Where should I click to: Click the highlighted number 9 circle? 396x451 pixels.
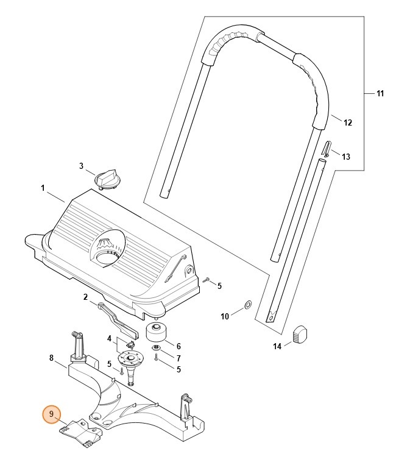coord(52,415)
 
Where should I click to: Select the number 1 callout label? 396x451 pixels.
coord(43,189)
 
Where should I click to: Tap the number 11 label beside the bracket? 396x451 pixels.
coord(380,94)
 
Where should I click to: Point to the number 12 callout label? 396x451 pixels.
coord(348,123)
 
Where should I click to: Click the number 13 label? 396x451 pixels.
coord(345,157)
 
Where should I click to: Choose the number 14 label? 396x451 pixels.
coord(277,347)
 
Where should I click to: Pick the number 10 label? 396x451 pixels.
coord(224,316)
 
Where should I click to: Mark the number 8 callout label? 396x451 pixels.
coord(52,358)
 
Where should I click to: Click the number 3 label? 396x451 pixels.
coord(81,166)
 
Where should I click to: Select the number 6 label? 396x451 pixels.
coord(179,346)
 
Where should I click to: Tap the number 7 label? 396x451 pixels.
coord(179,357)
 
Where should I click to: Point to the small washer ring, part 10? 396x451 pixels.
coord(248,304)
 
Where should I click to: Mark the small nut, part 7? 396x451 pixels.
coord(157,348)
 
